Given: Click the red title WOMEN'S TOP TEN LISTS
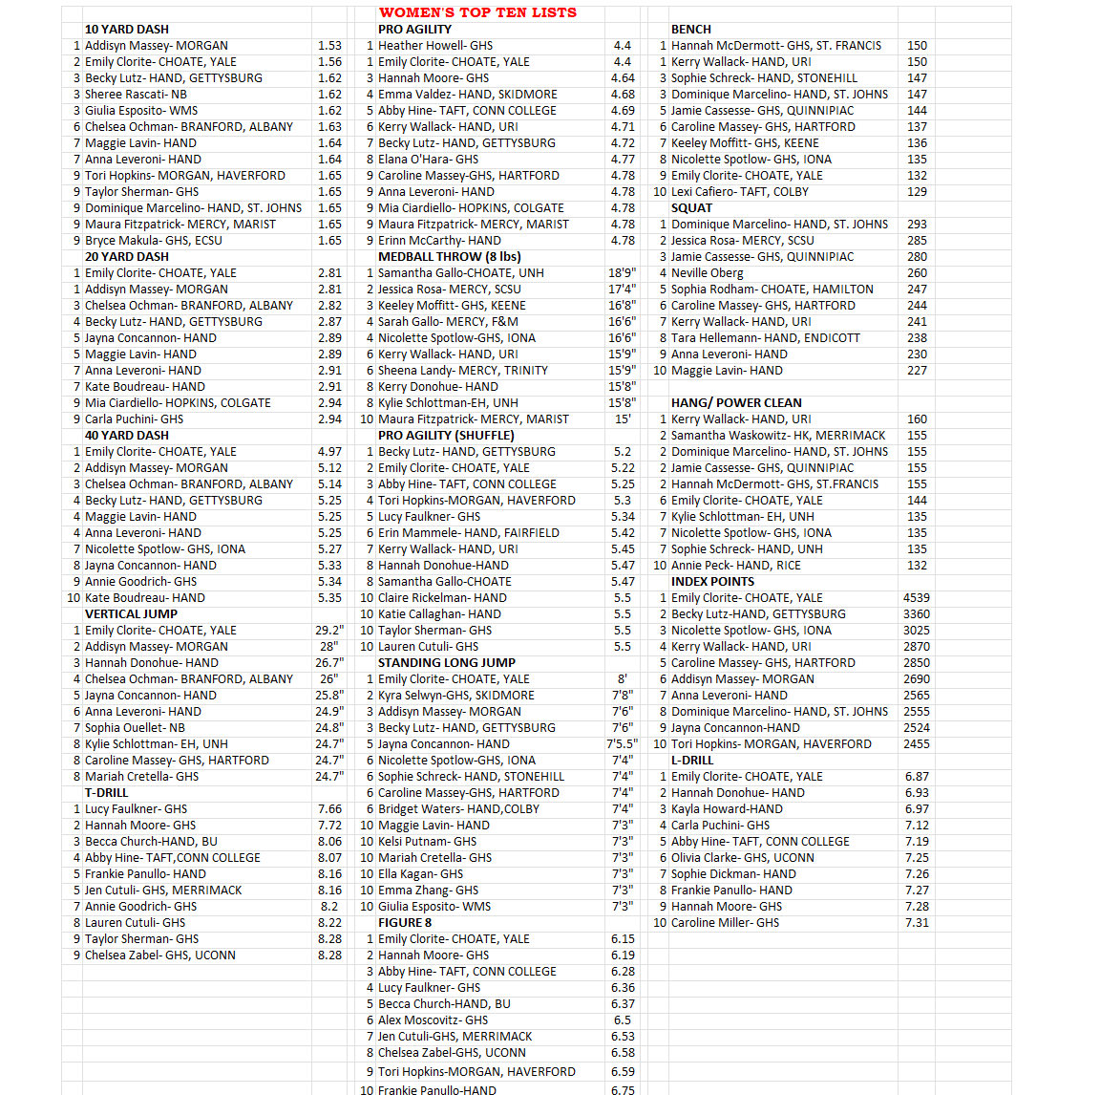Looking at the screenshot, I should (477, 12).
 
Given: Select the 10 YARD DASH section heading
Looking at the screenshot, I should (126, 30).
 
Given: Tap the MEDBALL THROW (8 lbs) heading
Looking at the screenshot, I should (449, 257).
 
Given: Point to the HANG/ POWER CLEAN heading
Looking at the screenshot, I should (736, 403).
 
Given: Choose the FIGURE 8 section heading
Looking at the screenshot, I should (405, 923).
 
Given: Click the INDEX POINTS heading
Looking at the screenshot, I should (712, 582).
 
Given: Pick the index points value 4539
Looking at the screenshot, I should (916, 598).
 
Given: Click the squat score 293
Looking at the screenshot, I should (917, 225).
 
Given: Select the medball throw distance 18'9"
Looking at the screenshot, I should (622, 273).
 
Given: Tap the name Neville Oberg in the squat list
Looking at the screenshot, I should (707, 273).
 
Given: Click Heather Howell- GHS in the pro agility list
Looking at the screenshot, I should (435, 46).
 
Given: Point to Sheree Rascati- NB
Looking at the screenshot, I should (136, 95).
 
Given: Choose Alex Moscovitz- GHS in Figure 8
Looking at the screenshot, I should (433, 1020).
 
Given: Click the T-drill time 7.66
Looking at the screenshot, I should (329, 809).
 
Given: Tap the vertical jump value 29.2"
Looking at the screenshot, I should (329, 631).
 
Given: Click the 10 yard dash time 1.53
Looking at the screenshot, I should (329, 46).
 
